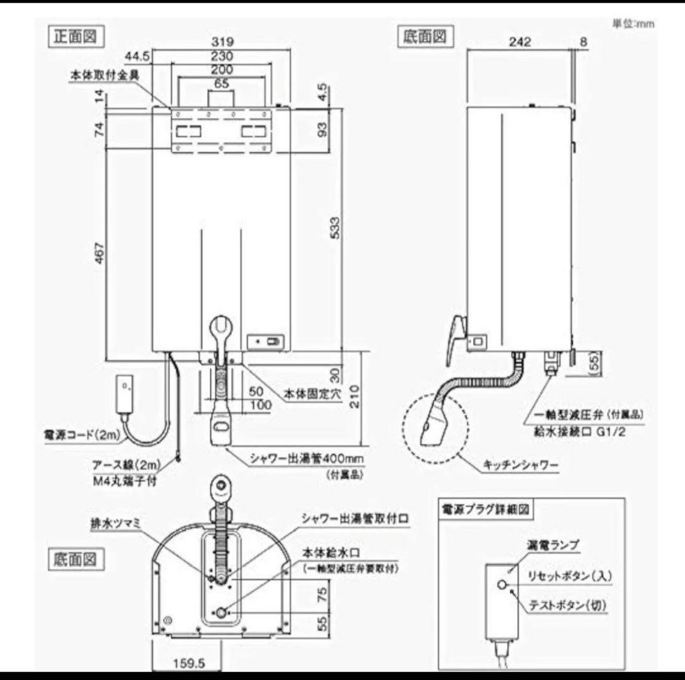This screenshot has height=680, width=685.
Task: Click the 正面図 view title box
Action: pyautogui.click(x=75, y=36)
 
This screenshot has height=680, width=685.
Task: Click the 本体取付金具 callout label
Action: pyautogui.click(x=104, y=74)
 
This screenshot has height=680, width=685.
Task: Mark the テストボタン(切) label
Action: pyautogui.click(x=568, y=606)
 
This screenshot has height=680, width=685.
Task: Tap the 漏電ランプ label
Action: pyautogui.click(x=552, y=545)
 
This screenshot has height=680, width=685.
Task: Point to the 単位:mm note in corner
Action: pyautogui.click(x=632, y=23)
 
